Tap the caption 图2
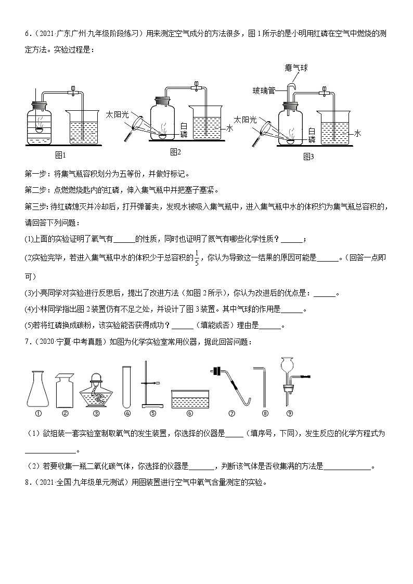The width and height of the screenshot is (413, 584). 175,152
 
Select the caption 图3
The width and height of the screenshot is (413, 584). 308,155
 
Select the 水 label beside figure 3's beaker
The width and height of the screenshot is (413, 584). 357,134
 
